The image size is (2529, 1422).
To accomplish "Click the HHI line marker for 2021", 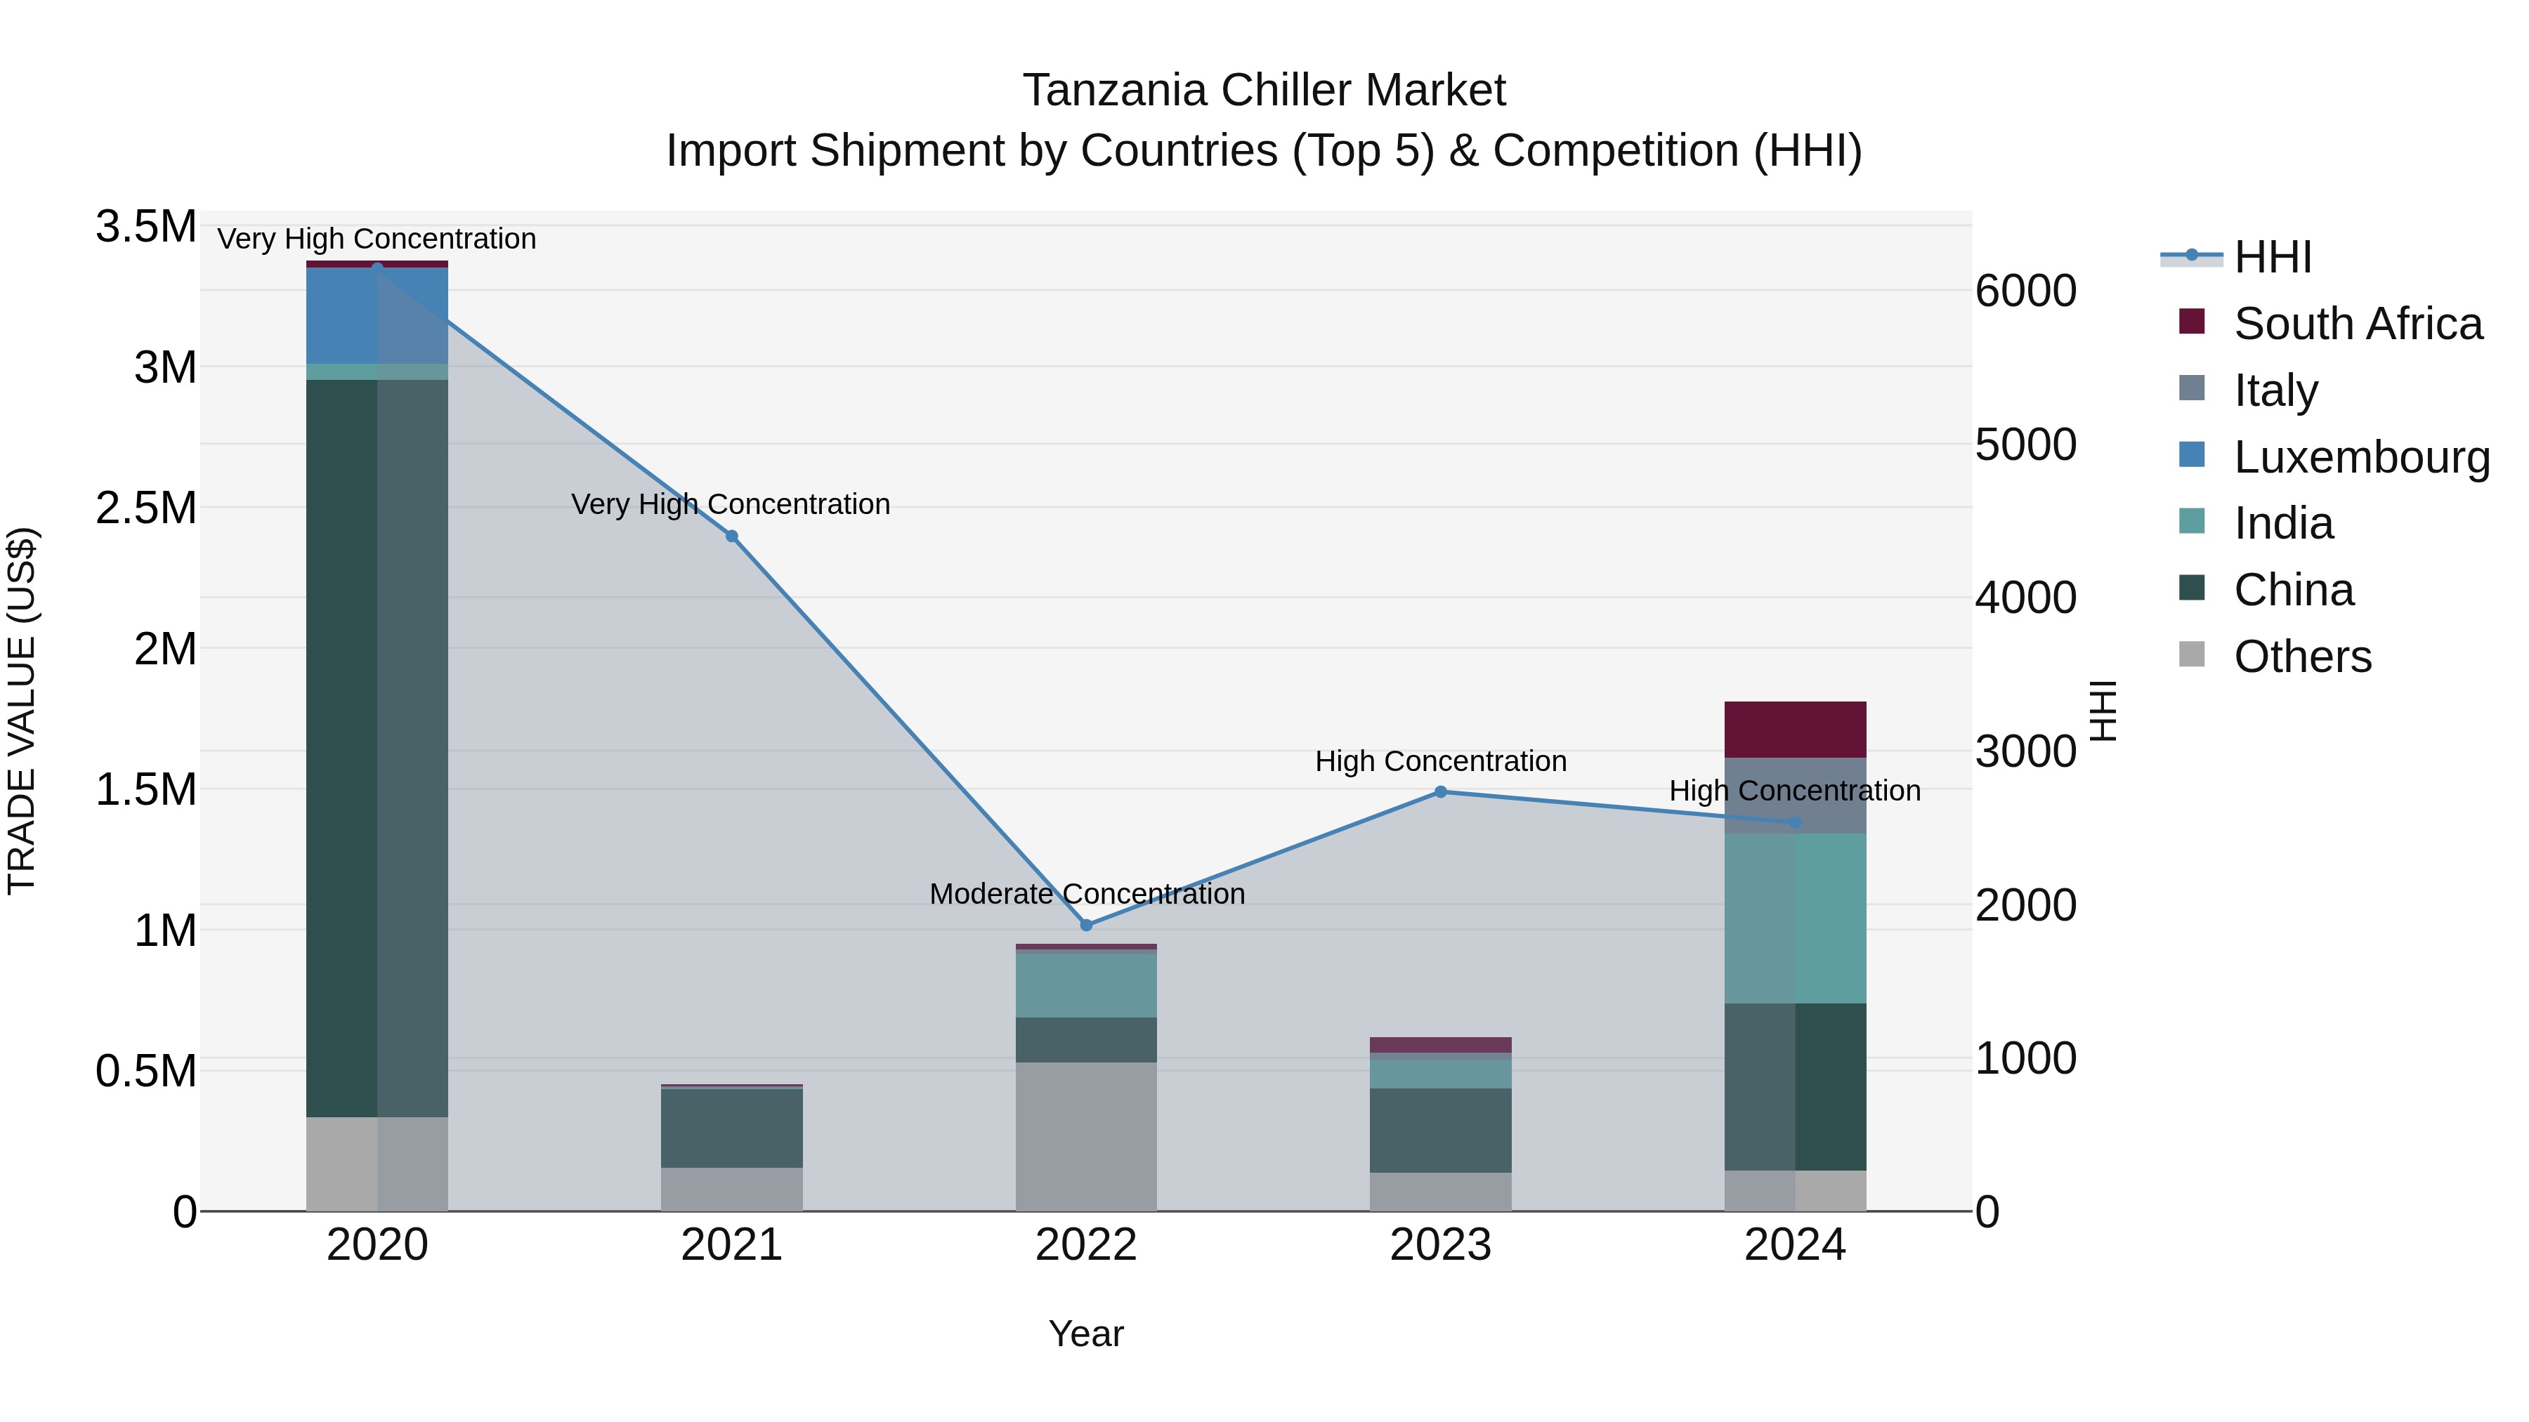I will tap(731, 536).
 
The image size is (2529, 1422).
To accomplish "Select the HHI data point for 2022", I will tap(1086, 924).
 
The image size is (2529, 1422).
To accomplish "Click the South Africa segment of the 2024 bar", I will tap(1795, 729).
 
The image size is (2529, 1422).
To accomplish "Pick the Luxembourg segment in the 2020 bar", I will tap(377, 316).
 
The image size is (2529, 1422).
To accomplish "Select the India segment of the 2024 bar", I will tap(1795, 918).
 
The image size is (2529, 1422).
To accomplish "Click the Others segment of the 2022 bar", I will tap(1086, 1135).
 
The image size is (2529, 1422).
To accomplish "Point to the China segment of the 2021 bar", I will tap(731, 1128).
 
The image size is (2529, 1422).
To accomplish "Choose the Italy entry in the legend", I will tap(2275, 390).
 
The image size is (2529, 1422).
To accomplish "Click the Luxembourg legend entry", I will tap(2360, 456).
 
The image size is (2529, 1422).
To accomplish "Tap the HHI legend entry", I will tap(2272, 257).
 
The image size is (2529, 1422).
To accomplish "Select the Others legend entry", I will tap(2301, 656).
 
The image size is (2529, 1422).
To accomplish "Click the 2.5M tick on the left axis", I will tap(145, 508).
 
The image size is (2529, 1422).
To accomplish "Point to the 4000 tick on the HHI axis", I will tap(2025, 598).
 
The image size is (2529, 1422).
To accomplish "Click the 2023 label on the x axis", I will tap(1440, 1245).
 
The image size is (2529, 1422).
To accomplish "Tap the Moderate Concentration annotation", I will tap(1087, 894).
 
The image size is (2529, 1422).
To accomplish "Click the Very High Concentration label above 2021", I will tap(731, 503).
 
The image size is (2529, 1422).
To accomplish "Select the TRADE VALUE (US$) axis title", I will tap(22, 711).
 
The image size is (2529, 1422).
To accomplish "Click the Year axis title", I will tap(1086, 1334).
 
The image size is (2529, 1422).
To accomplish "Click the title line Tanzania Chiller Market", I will tap(1264, 91).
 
